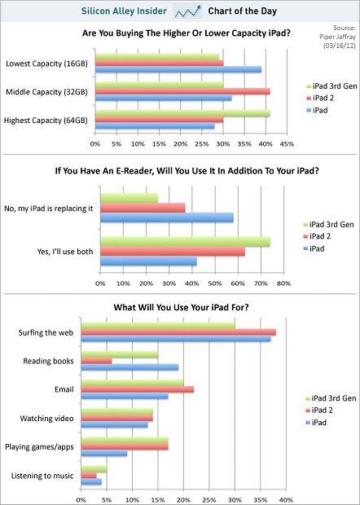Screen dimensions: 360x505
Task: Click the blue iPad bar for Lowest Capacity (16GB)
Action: [178, 69]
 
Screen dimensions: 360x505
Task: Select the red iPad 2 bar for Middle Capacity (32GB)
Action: [182, 92]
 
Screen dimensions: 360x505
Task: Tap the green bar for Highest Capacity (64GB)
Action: [183, 113]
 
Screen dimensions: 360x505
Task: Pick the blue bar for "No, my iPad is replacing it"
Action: [167, 217]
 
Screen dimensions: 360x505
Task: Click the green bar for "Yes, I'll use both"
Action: [186, 242]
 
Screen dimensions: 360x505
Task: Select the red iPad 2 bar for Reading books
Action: [96, 361]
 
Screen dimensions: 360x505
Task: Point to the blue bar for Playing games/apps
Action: [104, 454]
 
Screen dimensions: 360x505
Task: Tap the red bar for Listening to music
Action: [89, 476]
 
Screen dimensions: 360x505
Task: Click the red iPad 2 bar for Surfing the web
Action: [178, 332]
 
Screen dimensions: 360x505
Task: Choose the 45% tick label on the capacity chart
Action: [287, 144]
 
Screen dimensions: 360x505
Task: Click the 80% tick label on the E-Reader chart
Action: [283, 283]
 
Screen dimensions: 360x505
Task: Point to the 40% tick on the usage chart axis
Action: [286, 500]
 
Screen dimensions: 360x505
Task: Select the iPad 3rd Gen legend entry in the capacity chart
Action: [331, 86]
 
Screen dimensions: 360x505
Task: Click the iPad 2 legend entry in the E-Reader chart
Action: [317, 236]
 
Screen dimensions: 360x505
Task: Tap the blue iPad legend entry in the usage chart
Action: [316, 422]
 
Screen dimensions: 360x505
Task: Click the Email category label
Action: [64, 389]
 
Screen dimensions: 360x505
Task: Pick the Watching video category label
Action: [46, 419]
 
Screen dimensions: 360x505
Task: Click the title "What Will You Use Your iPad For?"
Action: [181, 307]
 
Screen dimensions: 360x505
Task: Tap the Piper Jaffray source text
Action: [337, 37]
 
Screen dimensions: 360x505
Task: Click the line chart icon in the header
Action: [187, 11]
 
